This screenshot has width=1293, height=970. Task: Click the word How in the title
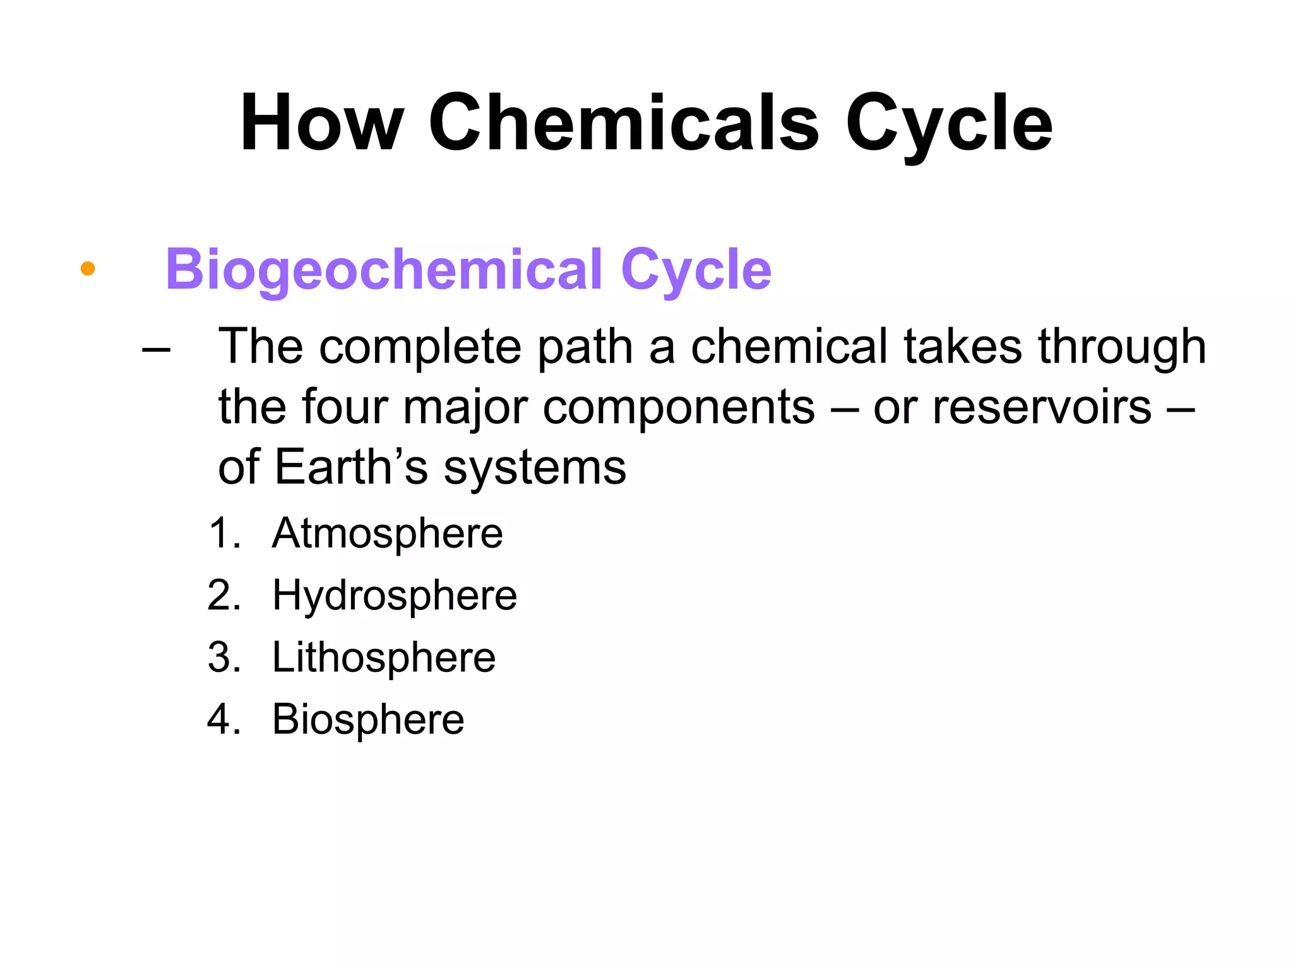[x=321, y=123]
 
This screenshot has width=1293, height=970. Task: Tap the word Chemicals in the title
[x=623, y=123]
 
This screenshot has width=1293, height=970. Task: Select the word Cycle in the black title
[x=948, y=123]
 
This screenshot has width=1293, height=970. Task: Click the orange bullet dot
[x=88, y=269]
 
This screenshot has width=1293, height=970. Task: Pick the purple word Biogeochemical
[x=383, y=270]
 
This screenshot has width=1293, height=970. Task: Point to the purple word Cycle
[x=696, y=270]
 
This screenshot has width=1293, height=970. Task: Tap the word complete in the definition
[x=420, y=347]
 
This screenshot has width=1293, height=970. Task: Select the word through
[x=1122, y=347]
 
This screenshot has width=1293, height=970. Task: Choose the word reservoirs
[x=1042, y=407]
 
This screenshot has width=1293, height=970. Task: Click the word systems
[x=535, y=468]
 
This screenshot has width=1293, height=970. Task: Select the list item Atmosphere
[x=387, y=534]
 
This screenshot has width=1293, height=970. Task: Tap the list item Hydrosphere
[x=395, y=596]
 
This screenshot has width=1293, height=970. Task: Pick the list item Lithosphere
[x=384, y=657]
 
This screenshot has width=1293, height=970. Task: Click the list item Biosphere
[x=368, y=719]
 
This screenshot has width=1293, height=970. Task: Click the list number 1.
[x=223, y=534]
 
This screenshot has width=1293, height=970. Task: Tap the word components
[x=679, y=408]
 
